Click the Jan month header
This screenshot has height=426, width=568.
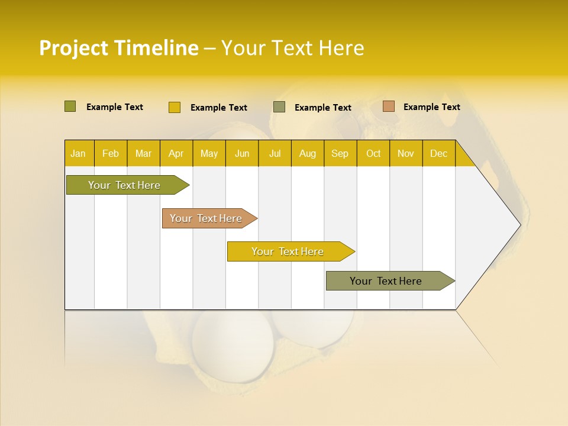coord(78,154)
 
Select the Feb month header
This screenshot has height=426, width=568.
coord(111,154)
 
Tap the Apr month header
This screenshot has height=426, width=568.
coord(176,154)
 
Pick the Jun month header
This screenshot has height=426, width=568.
coord(242,154)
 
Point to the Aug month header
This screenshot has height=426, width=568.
coord(308,154)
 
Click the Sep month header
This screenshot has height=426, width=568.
coord(340,154)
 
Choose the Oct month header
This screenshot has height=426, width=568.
coord(373,154)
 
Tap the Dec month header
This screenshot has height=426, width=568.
coord(438,154)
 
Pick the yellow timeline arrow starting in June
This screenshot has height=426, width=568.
coord(288,251)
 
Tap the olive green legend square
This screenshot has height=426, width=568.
coord(70,106)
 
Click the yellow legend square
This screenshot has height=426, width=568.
coord(175,107)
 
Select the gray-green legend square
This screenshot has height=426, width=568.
coord(279,107)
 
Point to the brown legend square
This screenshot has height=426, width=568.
coord(388,106)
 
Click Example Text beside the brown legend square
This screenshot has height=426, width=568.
coord(431,107)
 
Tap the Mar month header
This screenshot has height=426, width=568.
coord(143,154)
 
